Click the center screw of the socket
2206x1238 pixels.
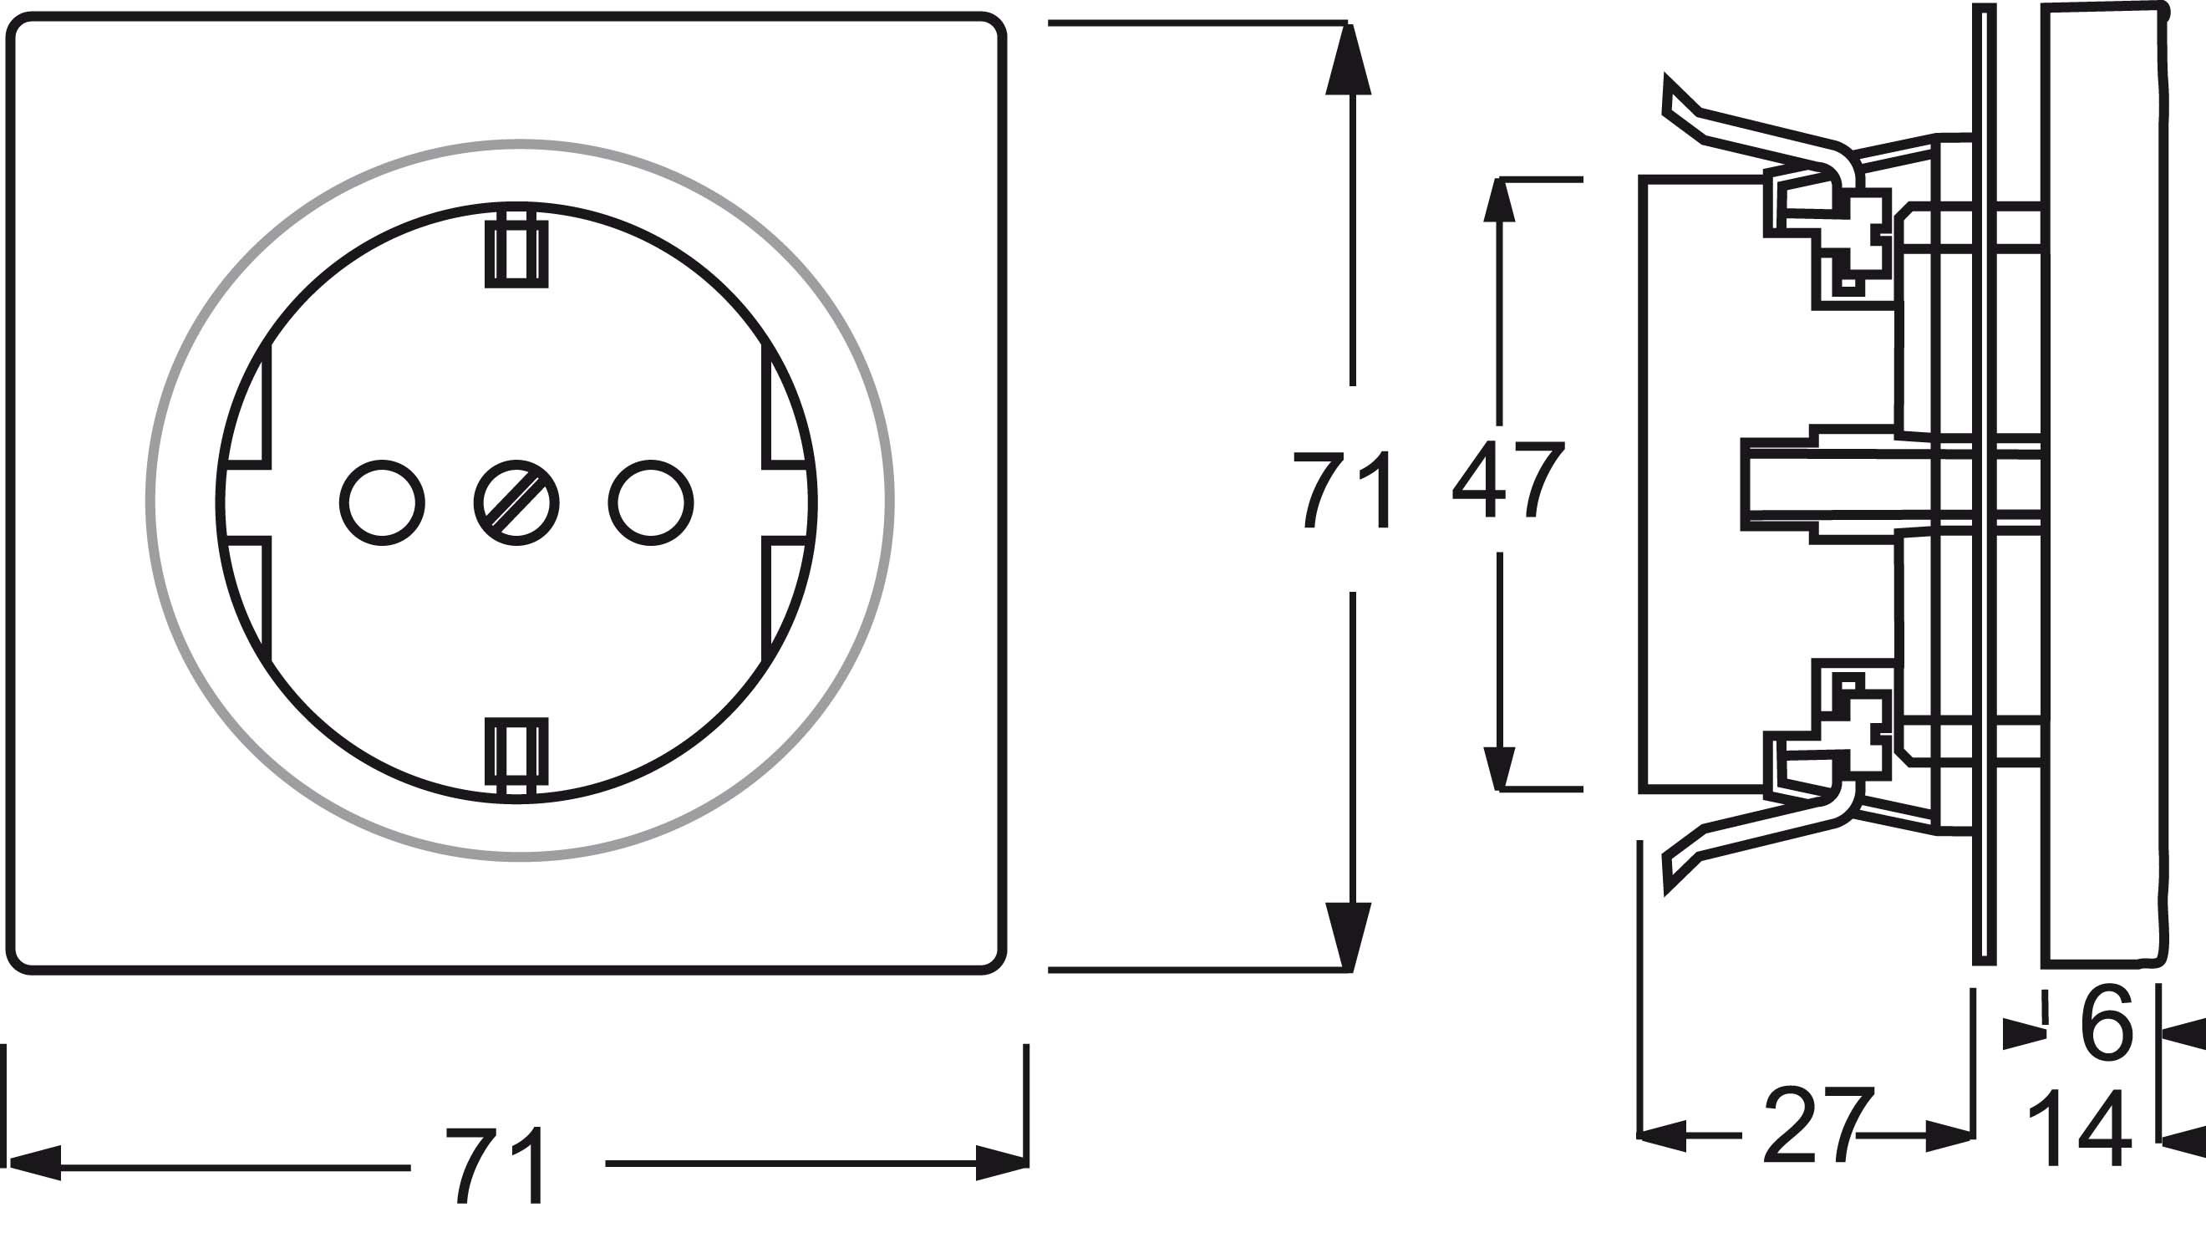516,503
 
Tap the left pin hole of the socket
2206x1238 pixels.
382,503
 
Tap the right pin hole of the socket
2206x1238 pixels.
651,503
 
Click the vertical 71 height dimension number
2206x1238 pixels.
1340,490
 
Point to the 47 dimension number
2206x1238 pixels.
1509,480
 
